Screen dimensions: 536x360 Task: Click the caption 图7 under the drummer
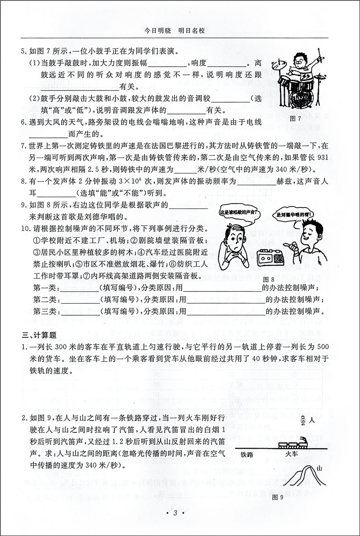click(296, 118)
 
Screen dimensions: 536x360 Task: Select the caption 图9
click(278, 497)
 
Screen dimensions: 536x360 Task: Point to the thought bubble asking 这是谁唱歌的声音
click(235, 212)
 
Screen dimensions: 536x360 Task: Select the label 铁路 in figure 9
click(247, 454)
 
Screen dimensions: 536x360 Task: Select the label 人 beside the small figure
click(311, 420)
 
